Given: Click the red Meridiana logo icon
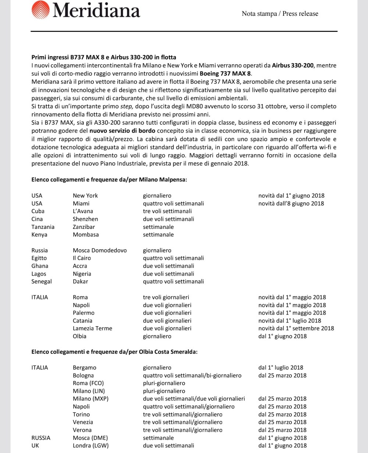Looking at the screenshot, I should pyautogui.click(x=40, y=10).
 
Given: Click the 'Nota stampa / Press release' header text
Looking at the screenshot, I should pyautogui.click(x=280, y=14).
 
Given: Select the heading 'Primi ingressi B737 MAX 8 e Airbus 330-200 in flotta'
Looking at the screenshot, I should pyautogui.click(x=104, y=57).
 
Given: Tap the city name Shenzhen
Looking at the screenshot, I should pyautogui.click(x=85, y=219).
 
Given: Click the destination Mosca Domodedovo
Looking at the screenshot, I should pyautogui.click(x=100, y=250).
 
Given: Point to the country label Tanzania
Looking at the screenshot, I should pyautogui.click(x=43, y=227).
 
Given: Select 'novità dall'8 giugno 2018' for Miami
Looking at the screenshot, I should pyautogui.click(x=291, y=203).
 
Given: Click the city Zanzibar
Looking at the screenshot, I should pyautogui.click(x=84, y=227).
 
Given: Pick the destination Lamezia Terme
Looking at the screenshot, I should pyautogui.click(x=92, y=328).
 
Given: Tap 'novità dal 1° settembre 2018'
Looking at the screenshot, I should pyautogui.click(x=296, y=328).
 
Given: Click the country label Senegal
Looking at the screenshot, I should pyautogui.click(x=42, y=281).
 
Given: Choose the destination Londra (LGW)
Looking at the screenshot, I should pyautogui.click(x=91, y=445).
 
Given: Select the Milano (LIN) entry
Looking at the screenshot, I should pyautogui.click(x=89, y=391).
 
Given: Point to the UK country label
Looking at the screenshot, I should pyautogui.click(x=35, y=445).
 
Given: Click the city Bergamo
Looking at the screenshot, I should pyautogui.click(x=85, y=367).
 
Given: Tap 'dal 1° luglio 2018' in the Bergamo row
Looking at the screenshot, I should pyautogui.click(x=281, y=367).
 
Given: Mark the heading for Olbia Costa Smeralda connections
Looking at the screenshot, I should pyautogui.click(x=114, y=352).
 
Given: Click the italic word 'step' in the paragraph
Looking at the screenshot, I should pyautogui.click(x=127, y=106).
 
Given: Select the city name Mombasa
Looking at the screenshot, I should pyautogui.click(x=86, y=234).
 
